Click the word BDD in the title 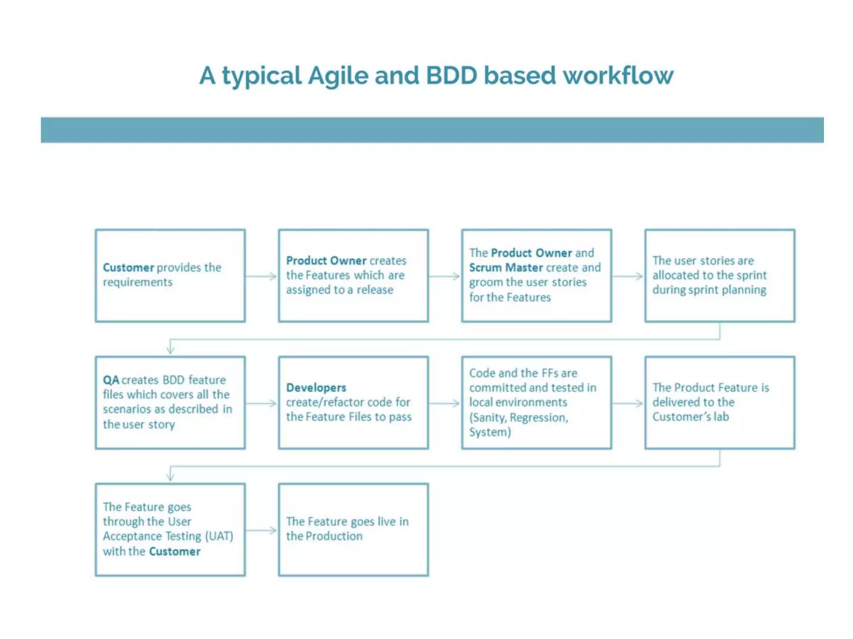tap(451, 75)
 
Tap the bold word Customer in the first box tap(128, 267)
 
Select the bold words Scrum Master tap(506, 267)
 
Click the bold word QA tap(111, 380)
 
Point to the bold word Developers tap(316, 388)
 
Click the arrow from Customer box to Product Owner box tap(261, 276)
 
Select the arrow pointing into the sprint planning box tap(628, 276)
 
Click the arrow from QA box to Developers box tap(261, 403)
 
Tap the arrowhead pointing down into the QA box tap(170, 349)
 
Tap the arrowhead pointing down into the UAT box tap(170, 476)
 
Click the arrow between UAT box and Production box tap(261, 530)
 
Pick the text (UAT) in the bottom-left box tap(219, 536)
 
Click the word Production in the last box tap(334, 536)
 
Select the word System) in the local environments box tap(490, 432)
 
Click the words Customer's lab tap(690, 417)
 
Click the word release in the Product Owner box tap(374, 290)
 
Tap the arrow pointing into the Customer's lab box tap(628, 403)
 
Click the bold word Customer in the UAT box tap(175, 552)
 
